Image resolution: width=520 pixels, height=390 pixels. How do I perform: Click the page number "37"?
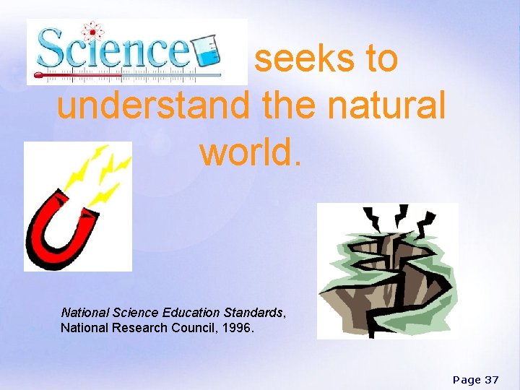point(491,379)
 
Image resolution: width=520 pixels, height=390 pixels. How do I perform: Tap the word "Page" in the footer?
point(466,379)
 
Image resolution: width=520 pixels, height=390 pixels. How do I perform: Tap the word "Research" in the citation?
point(154,328)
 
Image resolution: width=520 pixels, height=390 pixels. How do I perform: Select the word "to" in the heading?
point(381,58)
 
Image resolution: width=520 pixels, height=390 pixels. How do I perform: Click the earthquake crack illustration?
point(388,271)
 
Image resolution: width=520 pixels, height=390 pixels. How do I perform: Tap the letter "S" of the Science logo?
point(52,49)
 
